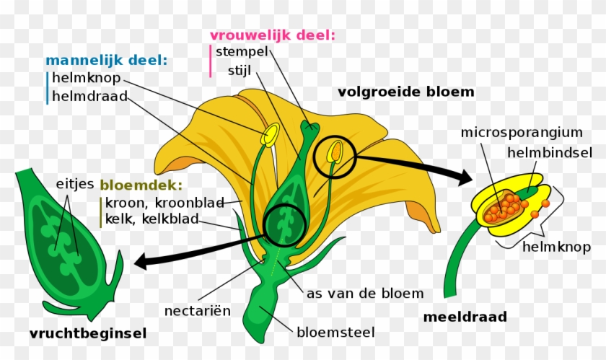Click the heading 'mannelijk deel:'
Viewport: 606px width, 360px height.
(x=105, y=61)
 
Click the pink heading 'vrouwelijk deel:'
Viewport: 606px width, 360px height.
(x=273, y=35)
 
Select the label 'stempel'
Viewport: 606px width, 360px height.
(x=242, y=51)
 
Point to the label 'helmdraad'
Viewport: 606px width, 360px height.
(x=89, y=96)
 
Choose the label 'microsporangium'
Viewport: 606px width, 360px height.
(x=522, y=132)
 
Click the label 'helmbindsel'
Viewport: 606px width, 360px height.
(x=550, y=152)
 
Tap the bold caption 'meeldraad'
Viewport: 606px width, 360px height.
(x=465, y=316)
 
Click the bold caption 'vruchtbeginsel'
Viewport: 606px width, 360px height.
(x=88, y=333)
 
